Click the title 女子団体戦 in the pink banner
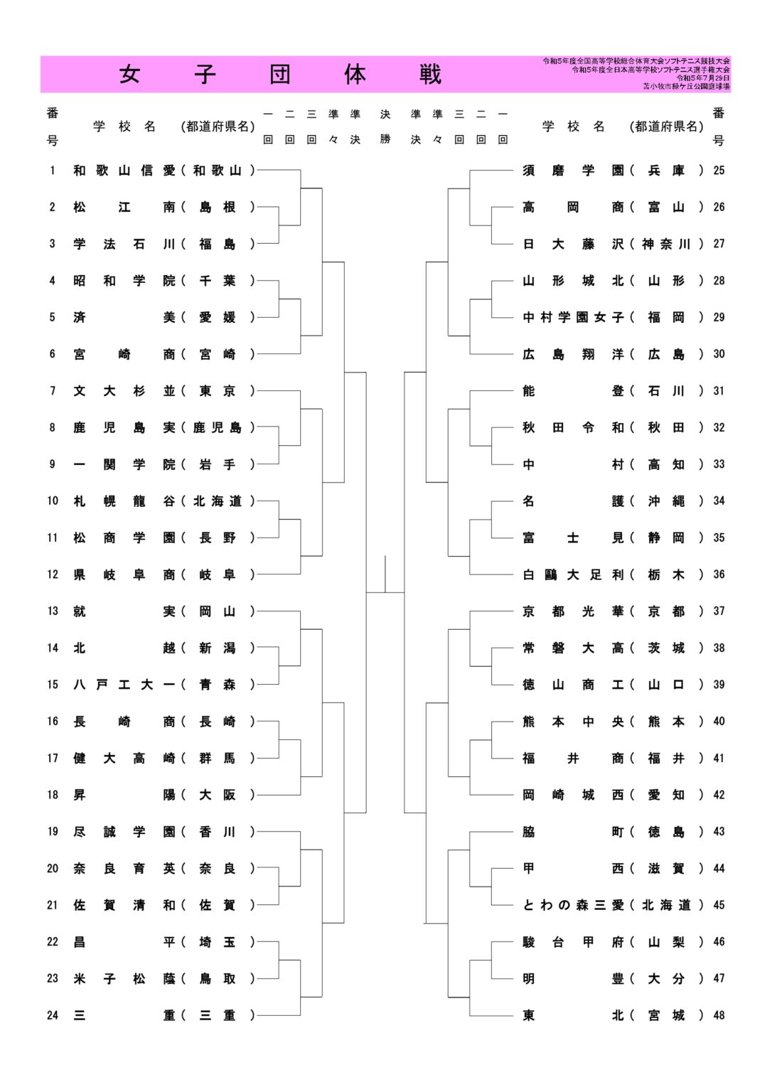280,75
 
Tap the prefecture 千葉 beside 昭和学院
217,281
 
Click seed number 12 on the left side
53,574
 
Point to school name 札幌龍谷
124,501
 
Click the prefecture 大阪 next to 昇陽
217,795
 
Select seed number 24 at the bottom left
53,1015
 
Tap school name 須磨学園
573,171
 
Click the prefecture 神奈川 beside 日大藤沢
666,244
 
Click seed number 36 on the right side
719,574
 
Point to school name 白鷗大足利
573,574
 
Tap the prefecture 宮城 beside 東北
666,1015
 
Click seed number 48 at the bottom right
719,1015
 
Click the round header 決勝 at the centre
385,127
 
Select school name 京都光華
573,611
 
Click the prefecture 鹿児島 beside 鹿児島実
217,428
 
